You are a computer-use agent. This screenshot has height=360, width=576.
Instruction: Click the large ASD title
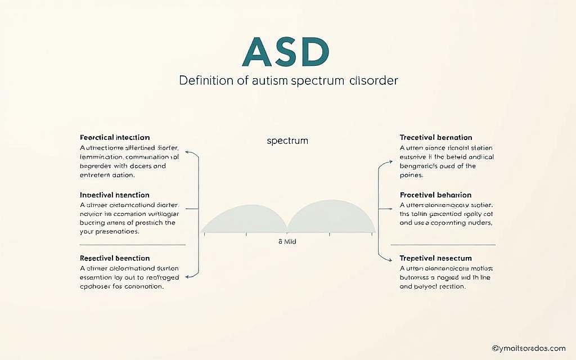(285, 53)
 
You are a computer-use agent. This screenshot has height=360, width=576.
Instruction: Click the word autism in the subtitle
(269, 80)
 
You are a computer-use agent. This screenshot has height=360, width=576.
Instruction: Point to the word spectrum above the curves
(287, 141)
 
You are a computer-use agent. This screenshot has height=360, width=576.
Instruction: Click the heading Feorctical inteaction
(115, 137)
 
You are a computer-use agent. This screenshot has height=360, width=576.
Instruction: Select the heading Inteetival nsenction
(115, 195)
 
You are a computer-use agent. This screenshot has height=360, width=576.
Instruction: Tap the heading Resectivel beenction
(115, 258)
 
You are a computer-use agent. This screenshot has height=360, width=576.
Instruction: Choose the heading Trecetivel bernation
(436, 137)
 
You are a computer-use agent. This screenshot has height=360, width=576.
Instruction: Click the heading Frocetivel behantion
(435, 195)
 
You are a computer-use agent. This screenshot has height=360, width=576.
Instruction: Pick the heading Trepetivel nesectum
(435, 258)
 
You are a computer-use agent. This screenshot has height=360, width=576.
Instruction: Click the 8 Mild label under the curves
(287, 241)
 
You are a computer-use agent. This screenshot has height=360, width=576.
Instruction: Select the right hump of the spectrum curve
(331, 218)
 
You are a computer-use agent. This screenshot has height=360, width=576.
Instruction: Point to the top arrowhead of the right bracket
(390, 162)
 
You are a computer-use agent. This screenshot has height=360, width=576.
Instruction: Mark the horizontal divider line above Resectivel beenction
(133, 245)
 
